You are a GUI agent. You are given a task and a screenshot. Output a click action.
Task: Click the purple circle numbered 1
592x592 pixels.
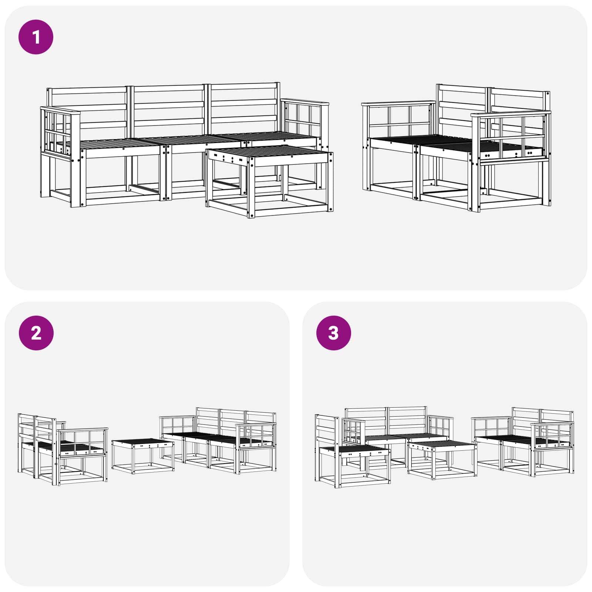click(x=36, y=37)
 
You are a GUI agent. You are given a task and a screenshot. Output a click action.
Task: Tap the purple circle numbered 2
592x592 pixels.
click(x=36, y=333)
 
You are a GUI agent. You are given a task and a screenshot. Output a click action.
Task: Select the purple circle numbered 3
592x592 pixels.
click(x=333, y=333)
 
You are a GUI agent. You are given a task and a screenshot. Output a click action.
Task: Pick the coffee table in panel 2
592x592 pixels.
click(x=143, y=456)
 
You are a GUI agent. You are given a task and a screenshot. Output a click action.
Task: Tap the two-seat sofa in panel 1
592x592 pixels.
click(x=456, y=148)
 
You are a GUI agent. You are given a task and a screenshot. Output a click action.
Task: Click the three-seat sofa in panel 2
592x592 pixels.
click(x=218, y=440)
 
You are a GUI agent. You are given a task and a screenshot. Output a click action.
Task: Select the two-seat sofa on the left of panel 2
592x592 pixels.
click(x=63, y=450)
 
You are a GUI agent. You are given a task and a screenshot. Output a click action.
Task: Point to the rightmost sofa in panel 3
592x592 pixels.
click(x=523, y=442)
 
